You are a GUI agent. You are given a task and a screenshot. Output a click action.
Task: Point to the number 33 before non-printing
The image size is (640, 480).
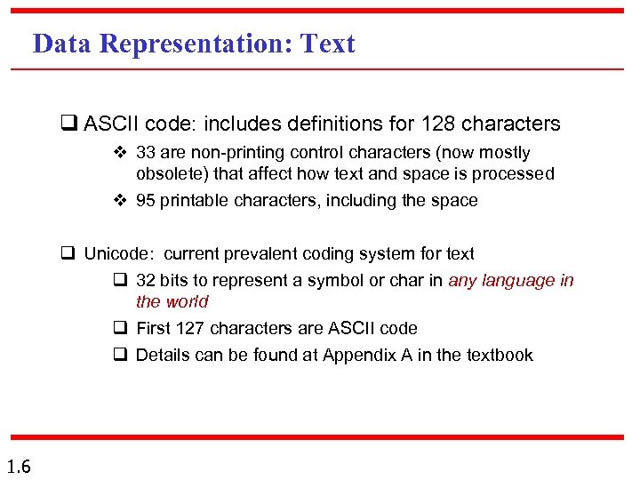146,153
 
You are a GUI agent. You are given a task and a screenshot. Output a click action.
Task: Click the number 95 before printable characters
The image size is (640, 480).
146,200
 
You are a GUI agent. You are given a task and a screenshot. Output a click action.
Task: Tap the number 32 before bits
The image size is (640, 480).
146,281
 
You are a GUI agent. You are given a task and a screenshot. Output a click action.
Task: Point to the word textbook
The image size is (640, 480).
498,355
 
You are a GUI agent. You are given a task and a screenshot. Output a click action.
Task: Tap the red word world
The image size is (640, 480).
187,302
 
